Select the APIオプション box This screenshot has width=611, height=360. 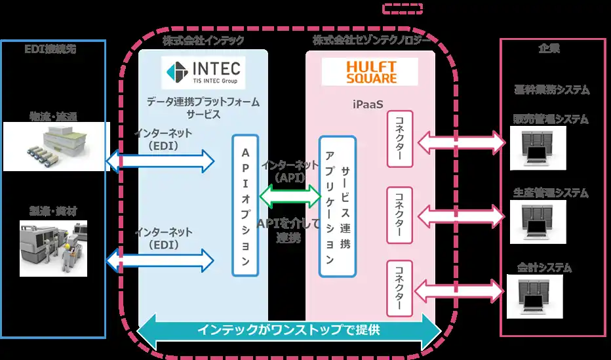[245, 205]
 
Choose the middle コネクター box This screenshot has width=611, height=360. [399, 214]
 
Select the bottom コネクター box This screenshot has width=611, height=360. [399, 289]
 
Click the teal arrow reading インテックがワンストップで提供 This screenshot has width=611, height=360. [288, 331]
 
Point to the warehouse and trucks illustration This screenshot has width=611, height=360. [53, 148]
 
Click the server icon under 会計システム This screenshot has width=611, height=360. [538, 293]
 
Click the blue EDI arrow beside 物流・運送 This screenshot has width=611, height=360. [160, 160]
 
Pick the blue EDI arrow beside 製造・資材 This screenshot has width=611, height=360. [160, 258]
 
